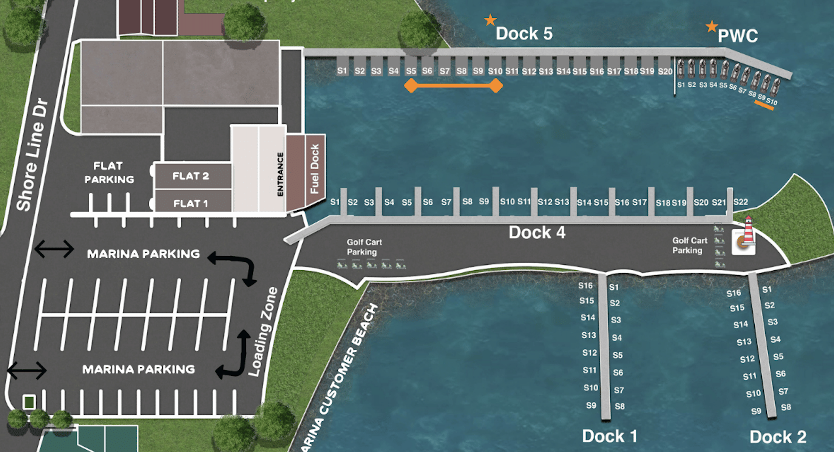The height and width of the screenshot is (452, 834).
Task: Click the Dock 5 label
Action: coord(524,34)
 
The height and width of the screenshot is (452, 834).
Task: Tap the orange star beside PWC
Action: coord(712,26)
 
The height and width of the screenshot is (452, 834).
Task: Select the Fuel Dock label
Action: coord(315,169)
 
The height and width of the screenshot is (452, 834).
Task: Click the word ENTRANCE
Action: coord(280,174)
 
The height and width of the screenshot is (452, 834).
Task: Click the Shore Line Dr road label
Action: coord(32,155)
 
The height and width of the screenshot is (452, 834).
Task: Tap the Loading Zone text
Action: coord(263,332)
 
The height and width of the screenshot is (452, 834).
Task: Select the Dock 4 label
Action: coord(537,233)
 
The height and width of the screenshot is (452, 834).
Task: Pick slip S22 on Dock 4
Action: coord(741,202)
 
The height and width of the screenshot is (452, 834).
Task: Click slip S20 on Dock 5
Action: coord(665,71)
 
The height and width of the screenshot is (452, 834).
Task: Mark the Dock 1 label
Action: coord(609,436)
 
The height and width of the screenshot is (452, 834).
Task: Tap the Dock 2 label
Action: coord(778,437)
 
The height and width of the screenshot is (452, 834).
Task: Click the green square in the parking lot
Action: coord(29,402)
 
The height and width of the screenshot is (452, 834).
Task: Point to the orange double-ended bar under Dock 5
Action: coord(453,86)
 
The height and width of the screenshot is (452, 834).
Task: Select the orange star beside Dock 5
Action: coord(490,20)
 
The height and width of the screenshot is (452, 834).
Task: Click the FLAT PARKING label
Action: coord(109,173)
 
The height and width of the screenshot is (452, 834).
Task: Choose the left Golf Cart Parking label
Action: coord(364,247)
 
